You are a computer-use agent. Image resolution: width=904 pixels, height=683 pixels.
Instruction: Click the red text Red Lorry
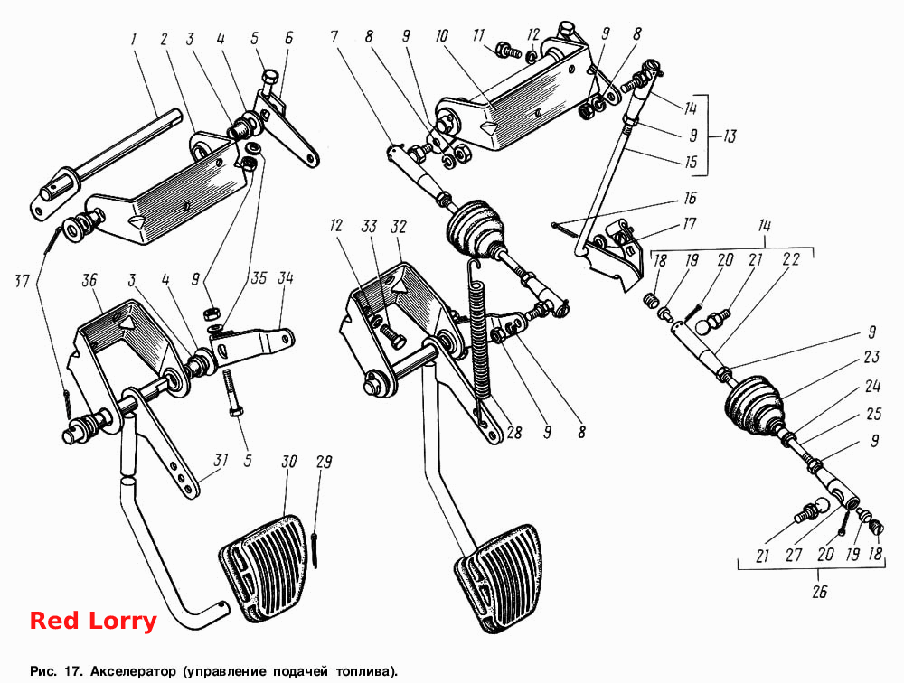click(93, 621)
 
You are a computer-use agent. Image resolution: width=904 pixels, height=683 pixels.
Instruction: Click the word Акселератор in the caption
click(133, 671)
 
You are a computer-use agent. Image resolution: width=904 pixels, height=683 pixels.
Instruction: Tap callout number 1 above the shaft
click(134, 39)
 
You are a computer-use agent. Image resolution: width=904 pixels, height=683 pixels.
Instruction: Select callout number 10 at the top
click(442, 36)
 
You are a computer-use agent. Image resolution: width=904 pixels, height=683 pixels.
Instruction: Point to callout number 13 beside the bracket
click(730, 136)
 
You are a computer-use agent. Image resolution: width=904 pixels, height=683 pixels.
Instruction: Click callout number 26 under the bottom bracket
click(819, 592)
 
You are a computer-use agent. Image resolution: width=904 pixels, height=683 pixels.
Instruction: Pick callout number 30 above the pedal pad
click(289, 462)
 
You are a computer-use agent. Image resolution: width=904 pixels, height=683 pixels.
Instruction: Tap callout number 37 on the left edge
click(22, 281)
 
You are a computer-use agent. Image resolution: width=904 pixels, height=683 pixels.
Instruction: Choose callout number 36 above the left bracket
click(89, 281)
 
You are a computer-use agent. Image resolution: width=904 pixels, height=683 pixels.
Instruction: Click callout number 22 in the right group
click(791, 259)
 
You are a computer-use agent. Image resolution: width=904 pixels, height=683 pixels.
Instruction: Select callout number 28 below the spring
click(513, 432)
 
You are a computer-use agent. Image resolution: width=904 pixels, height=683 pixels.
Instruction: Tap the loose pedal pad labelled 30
click(261, 567)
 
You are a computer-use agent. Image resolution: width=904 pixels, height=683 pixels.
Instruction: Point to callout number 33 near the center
click(369, 226)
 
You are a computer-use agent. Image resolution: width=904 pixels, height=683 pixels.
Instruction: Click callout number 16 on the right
click(690, 198)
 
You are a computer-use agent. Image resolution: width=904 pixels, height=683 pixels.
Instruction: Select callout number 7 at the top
click(334, 37)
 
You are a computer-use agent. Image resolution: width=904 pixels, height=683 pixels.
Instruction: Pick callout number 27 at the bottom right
click(794, 555)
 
